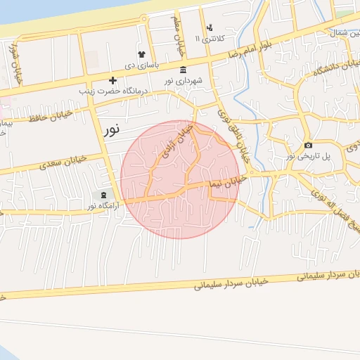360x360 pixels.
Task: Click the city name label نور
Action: [111, 129]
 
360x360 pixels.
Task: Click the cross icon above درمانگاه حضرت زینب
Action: [112, 80]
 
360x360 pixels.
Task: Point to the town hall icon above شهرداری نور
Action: [184, 70]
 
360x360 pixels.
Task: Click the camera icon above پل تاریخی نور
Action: [308, 146]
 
